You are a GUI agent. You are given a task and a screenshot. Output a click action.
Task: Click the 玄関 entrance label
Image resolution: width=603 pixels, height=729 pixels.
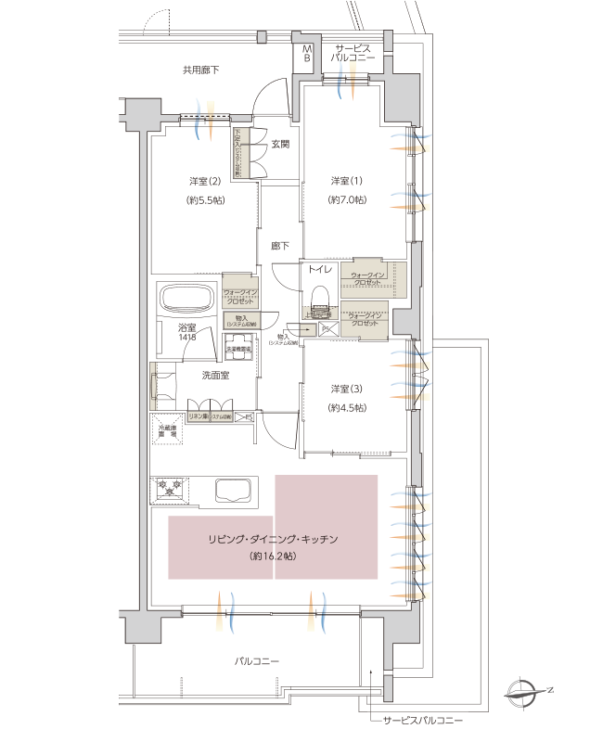280,144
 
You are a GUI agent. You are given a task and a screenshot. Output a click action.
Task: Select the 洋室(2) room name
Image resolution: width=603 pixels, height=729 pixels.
205,180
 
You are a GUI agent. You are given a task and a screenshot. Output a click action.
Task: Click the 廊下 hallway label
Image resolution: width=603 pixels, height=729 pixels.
279,246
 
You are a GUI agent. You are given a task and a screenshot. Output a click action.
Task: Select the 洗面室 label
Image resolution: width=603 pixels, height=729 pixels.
215,375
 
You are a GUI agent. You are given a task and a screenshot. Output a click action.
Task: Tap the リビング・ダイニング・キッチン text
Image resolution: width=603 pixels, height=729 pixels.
272,538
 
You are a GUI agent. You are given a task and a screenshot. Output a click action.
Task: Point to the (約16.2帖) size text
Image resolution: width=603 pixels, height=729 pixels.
272,556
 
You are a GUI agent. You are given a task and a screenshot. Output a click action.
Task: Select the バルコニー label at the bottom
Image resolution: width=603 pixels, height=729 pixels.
257,660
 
